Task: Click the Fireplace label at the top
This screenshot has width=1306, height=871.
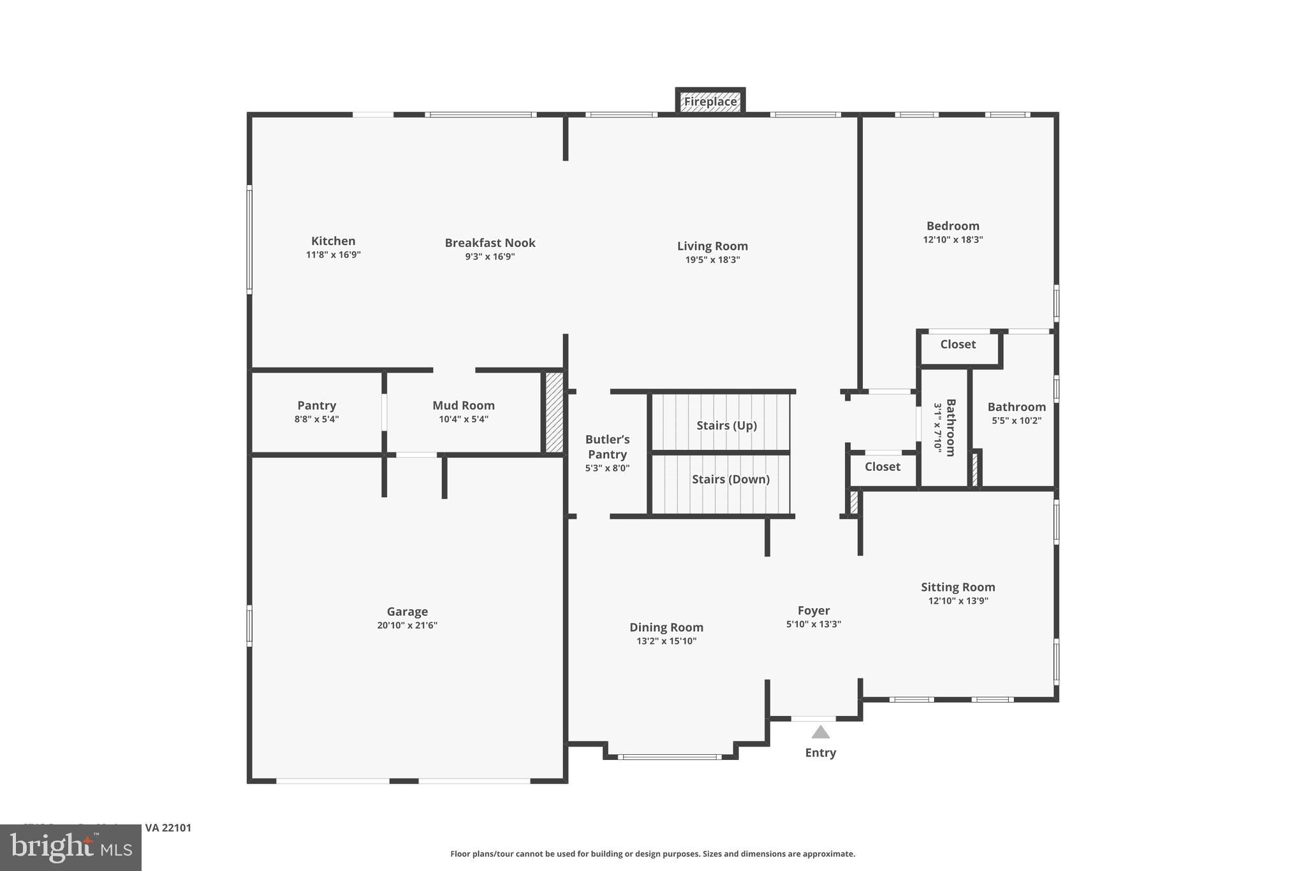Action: click(710, 101)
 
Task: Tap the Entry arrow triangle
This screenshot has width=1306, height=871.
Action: click(820, 733)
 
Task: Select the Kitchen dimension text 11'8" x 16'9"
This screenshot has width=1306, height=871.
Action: click(333, 255)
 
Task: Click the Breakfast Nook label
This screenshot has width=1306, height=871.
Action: click(490, 242)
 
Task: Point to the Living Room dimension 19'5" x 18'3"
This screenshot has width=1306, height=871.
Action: click(712, 260)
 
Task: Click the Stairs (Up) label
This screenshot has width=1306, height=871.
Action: click(726, 425)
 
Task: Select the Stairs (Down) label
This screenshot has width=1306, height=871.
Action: click(730, 479)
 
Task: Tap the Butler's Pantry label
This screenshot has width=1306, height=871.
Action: click(607, 447)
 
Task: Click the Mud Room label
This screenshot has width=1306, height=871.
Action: click(463, 405)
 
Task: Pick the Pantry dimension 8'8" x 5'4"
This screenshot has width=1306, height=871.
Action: click(316, 419)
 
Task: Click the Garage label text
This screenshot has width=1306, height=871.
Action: click(407, 611)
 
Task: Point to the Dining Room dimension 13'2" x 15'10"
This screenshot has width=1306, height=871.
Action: click(666, 641)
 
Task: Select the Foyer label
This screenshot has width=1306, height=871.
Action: click(813, 610)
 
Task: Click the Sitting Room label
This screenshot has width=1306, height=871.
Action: click(957, 587)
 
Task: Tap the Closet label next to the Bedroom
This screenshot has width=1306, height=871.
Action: click(957, 344)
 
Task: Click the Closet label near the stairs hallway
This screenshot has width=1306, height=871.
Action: click(882, 466)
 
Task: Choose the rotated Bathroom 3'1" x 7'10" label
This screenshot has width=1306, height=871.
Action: click(944, 428)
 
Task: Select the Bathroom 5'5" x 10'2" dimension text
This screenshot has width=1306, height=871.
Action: click(1016, 421)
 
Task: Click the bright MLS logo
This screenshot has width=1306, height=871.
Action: click(71, 848)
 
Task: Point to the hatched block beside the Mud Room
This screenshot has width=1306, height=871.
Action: click(554, 413)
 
